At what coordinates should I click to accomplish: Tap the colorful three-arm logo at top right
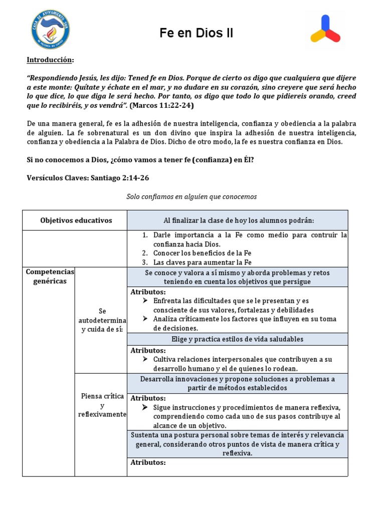click(x=325, y=31)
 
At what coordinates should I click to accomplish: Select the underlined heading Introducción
click(x=50, y=60)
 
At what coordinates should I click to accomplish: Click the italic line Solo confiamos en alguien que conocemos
click(x=191, y=196)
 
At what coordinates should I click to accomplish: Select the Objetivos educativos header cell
click(x=76, y=220)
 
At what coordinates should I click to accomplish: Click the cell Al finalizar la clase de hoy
click(x=238, y=220)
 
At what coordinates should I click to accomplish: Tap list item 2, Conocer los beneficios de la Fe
click(x=201, y=253)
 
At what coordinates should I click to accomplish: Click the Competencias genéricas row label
click(x=50, y=276)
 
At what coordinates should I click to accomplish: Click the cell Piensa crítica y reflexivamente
click(x=102, y=405)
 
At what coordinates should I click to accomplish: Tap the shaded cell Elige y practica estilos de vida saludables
click(x=238, y=339)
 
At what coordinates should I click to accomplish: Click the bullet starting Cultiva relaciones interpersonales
click(x=243, y=364)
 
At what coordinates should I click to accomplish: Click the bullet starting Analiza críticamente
click(x=245, y=323)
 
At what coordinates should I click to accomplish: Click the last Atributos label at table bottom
click(x=148, y=462)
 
